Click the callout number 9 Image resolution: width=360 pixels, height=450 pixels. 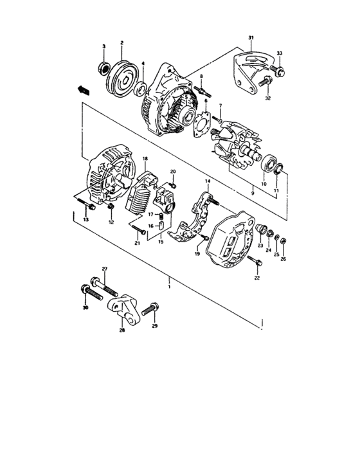(x=253, y=193)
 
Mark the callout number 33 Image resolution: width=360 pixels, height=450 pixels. (x=279, y=52)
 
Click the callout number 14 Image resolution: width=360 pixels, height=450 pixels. (x=208, y=182)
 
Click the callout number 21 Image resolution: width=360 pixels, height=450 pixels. (x=137, y=244)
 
